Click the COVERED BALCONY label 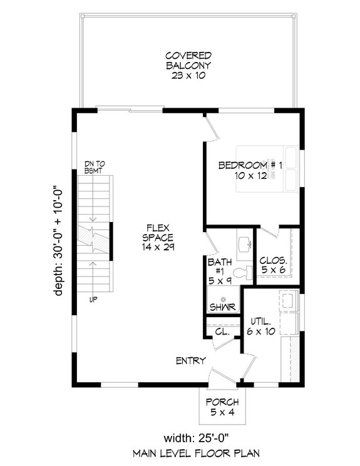click(x=188, y=65)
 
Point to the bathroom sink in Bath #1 click(x=244, y=243)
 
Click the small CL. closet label click(x=220, y=332)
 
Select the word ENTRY click(x=189, y=360)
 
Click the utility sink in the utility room click(x=289, y=301)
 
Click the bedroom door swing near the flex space click(x=213, y=129)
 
